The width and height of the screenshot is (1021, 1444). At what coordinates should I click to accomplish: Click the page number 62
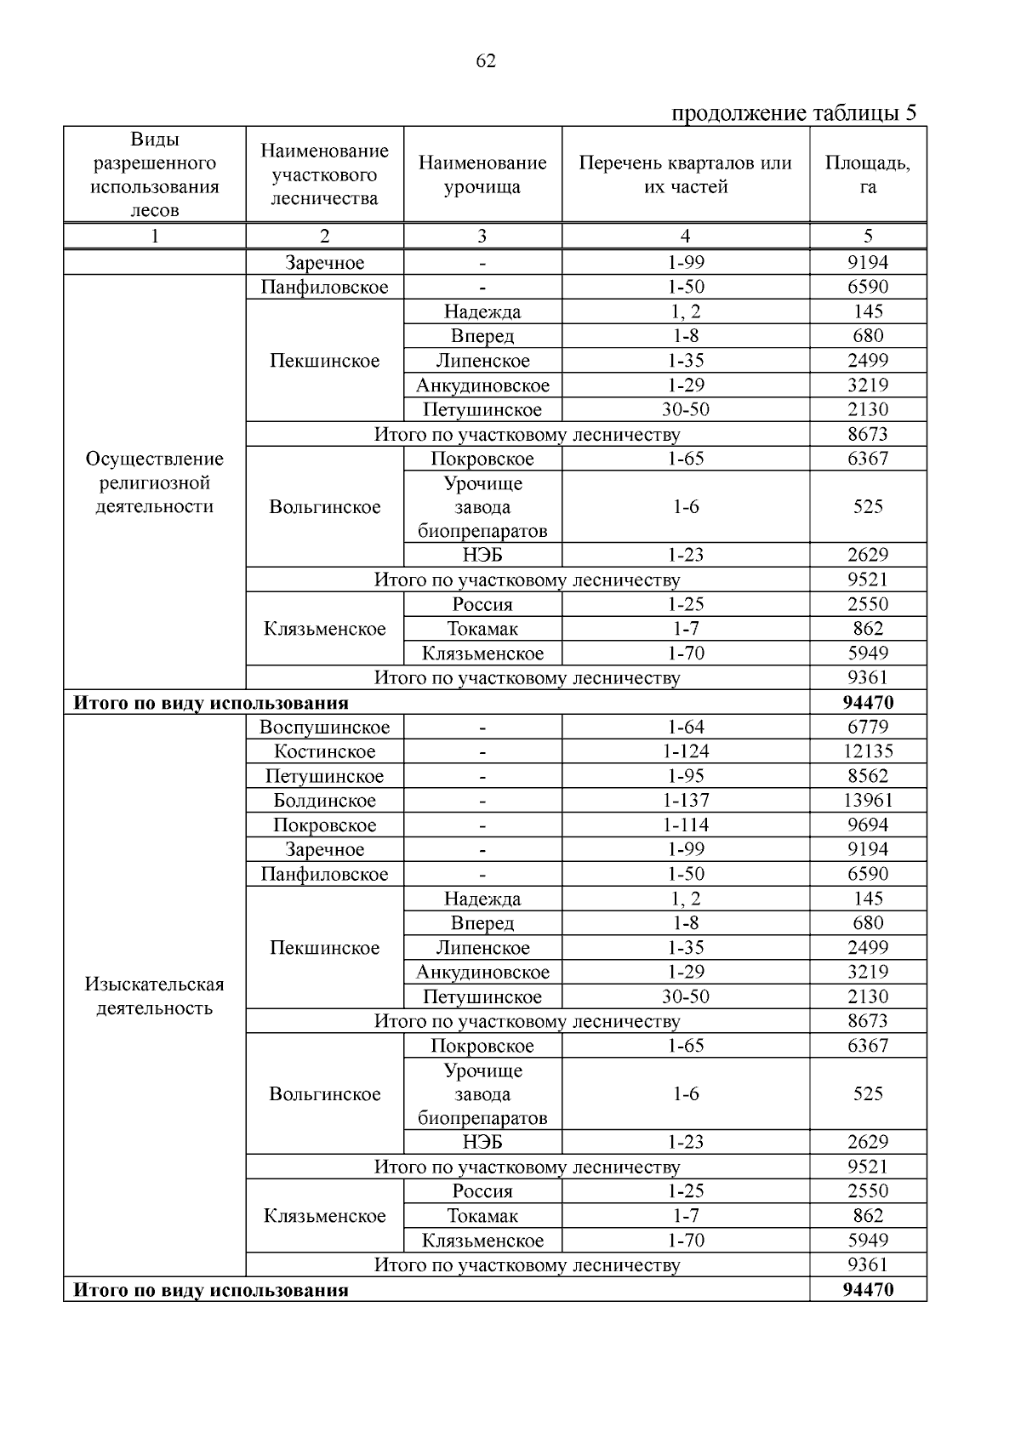[486, 61]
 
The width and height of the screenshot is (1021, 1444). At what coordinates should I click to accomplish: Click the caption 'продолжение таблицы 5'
[794, 113]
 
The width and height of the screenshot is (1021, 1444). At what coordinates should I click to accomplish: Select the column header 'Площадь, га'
[867, 174]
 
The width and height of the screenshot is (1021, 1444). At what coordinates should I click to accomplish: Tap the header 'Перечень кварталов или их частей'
[685, 174]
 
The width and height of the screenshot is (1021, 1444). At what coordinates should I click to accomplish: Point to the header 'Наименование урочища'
[482, 174]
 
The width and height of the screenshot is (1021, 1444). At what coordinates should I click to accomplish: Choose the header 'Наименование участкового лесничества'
[324, 174]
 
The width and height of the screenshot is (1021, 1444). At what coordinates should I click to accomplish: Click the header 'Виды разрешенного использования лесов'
[155, 174]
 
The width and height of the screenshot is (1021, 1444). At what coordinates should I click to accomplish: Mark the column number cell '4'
[685, 237]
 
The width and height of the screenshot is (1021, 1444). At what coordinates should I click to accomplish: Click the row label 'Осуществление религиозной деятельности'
[155, 482]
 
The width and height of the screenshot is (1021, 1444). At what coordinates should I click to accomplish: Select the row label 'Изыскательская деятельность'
[155, 996]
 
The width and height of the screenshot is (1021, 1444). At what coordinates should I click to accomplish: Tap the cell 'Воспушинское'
[324, 728]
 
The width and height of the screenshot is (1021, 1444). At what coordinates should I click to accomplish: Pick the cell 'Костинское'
[324, 752]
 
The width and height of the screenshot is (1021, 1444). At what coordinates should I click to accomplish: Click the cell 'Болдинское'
[324, 801]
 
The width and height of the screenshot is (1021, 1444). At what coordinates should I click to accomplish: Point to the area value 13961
[867, 801]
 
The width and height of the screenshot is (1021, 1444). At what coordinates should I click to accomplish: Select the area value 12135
[867, 752]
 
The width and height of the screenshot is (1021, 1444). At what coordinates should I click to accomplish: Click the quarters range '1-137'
[685, 801]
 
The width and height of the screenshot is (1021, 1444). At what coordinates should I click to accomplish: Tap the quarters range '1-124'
[685, 752]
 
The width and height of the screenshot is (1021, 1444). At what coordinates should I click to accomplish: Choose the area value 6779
[867, 728]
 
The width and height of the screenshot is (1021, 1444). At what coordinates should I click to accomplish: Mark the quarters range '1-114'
[685, 825]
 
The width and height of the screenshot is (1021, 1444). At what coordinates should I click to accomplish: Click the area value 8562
[867, 776]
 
